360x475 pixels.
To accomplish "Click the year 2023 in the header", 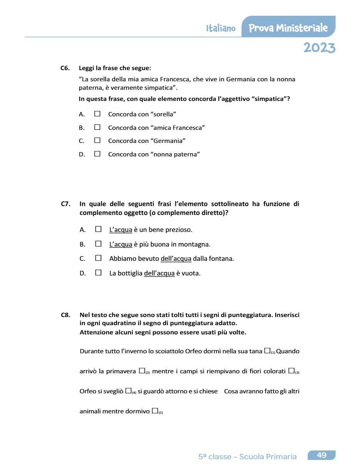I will click(319, 48).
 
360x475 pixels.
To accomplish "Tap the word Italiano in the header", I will click(221, 29).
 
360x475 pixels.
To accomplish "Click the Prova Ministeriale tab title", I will click(288, 28).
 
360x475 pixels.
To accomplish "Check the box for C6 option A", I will click(97, 114).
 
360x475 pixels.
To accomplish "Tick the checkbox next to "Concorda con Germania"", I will click(97, 141).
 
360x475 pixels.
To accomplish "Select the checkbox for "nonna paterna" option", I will click(97, 154).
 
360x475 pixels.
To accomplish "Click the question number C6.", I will click(65, 68).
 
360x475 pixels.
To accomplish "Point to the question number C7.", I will click(65, 204).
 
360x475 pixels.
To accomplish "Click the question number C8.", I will click(65, 315).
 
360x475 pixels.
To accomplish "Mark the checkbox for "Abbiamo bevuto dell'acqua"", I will click(99, 258).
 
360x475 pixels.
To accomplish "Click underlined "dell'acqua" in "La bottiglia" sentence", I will click(159, 274).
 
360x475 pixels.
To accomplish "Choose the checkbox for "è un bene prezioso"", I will click(99, 229).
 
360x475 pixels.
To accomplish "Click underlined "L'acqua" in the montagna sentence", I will click(121, 244).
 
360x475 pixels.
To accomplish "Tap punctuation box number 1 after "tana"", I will click(267, 351).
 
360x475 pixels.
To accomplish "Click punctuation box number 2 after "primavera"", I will click(142, 371).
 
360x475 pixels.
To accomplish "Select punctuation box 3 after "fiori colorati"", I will click(291, 371).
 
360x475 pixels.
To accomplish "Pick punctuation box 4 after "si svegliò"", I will click(128, 391).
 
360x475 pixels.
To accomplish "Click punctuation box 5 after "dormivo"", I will click(155, 411).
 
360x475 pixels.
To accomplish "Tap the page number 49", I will click(321, 455).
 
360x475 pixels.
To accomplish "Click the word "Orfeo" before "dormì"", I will click(193, 351).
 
